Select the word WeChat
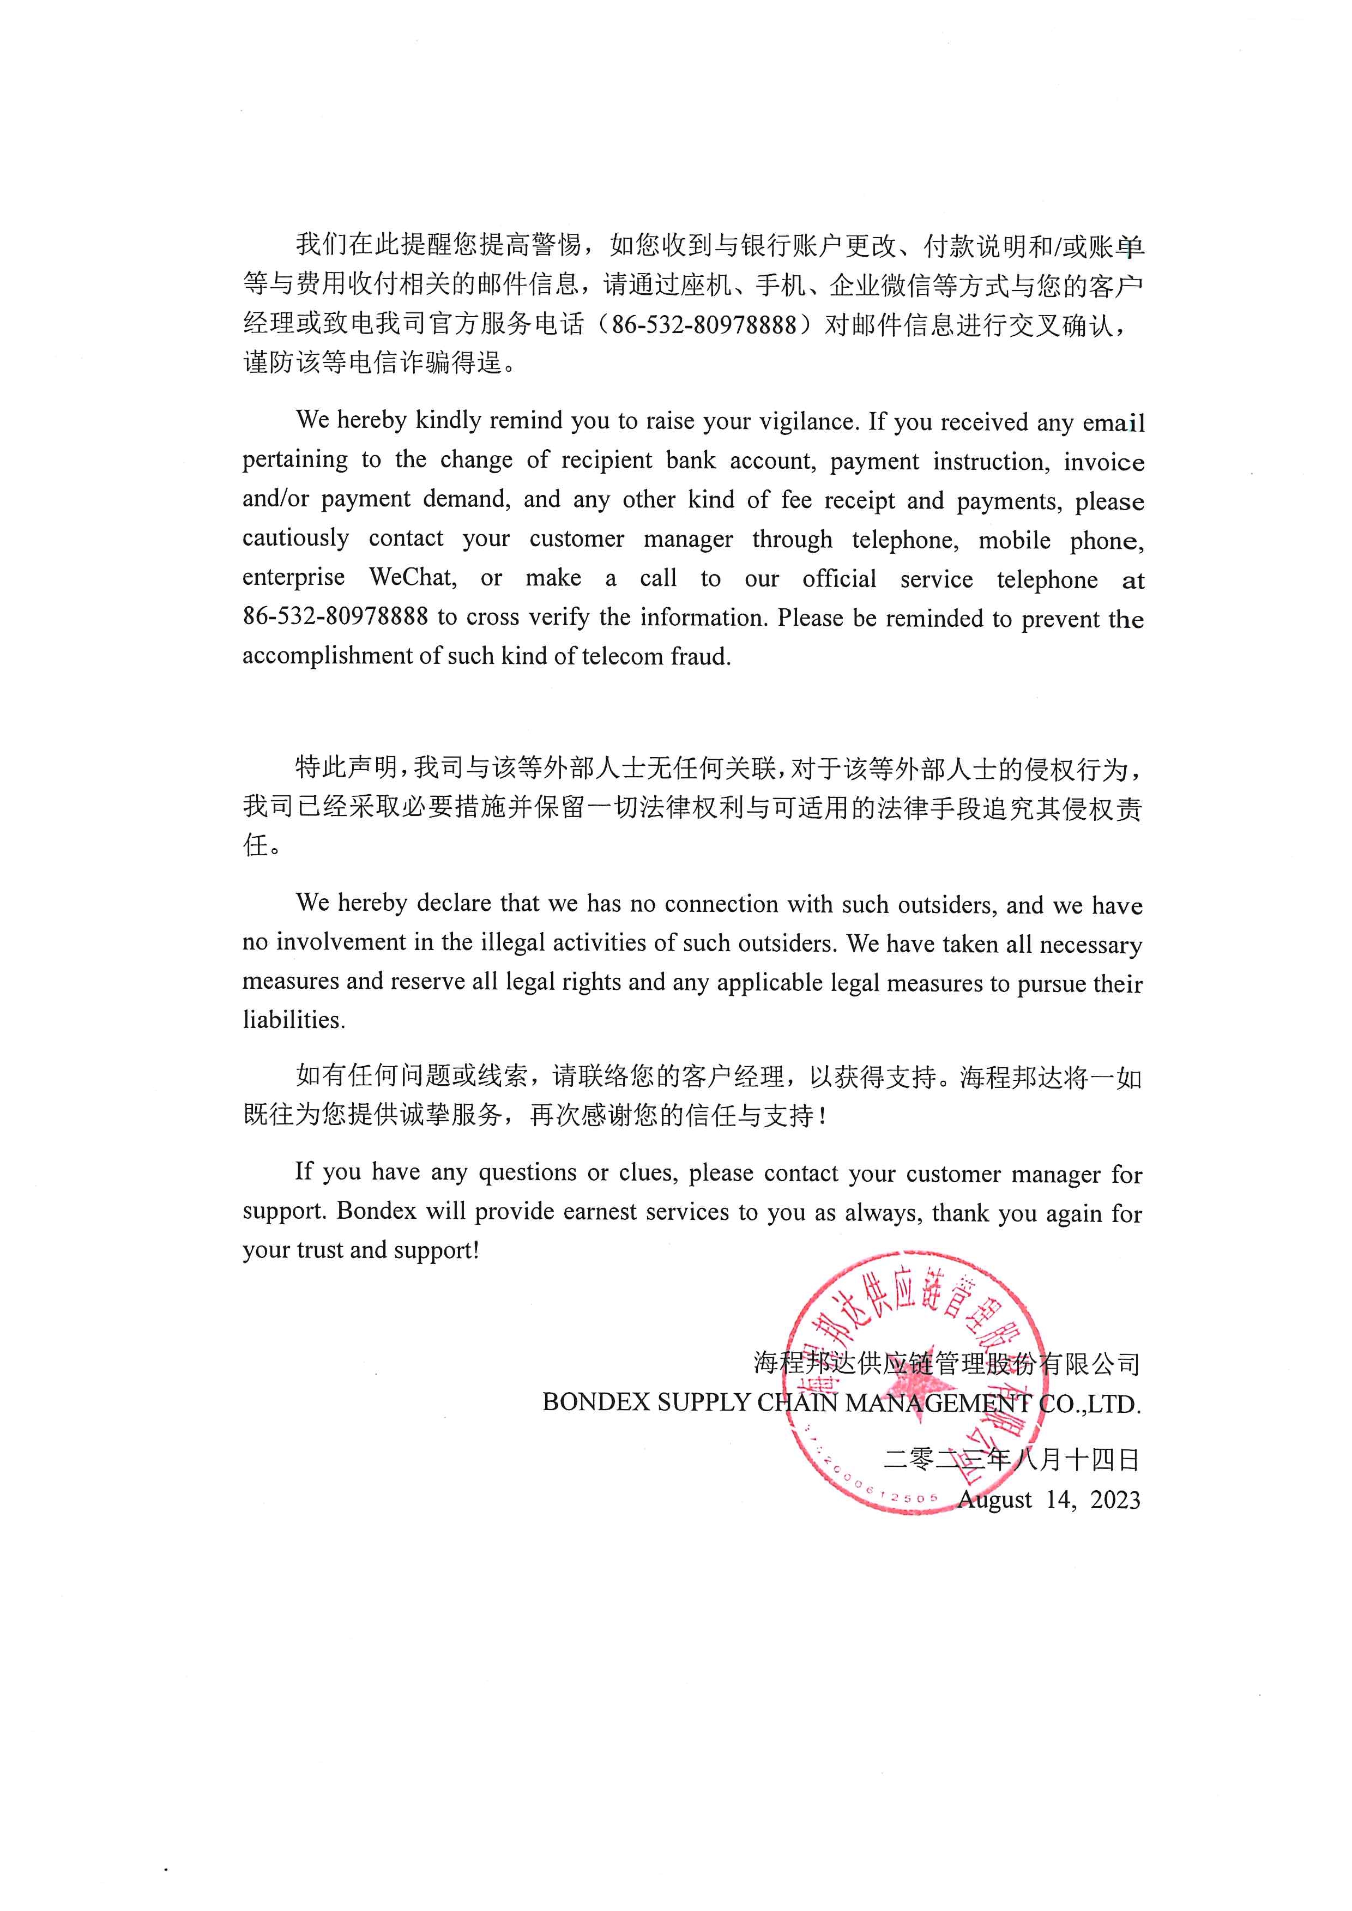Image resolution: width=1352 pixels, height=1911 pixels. point(413,578)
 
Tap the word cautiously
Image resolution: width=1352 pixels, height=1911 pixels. point(295,539)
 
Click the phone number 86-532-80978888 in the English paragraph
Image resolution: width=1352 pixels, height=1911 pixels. point(335,617)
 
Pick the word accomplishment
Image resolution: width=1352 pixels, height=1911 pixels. point(327,656)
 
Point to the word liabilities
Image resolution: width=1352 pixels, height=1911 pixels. point(293,1020)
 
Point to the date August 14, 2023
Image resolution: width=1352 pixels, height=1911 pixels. point(1049,1500)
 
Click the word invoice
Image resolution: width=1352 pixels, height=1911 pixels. point(1104,462)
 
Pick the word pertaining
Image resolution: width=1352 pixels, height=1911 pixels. point(295,460)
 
